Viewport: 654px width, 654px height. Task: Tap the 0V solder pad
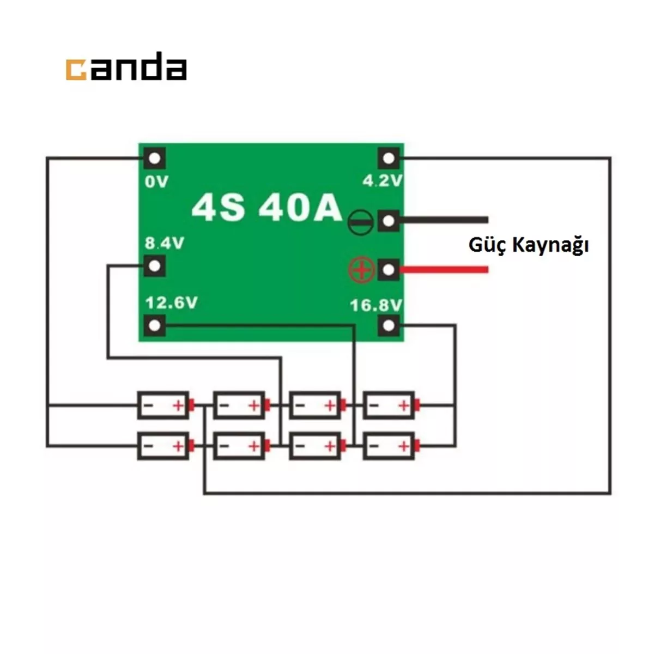click(x=155, y=159)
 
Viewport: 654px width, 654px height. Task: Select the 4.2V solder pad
click(x=388, y=159)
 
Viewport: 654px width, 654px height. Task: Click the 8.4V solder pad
click(x=155, y=267)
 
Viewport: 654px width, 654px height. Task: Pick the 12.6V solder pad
click(x=155, y=326)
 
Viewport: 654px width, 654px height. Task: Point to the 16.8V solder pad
click(x=388, y=326)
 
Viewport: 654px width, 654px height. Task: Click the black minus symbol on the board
click(x=360, y=221)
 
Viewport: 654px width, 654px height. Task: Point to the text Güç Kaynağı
click(x=528, y=245)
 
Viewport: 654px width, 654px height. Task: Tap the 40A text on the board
click(x=300, y=207)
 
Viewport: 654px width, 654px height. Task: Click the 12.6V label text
click(x=171, y=302)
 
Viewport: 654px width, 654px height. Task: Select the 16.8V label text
click(x=376, y=305)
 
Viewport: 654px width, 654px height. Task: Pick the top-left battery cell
click(x=163, y=405)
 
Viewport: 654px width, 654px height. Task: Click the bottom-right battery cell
click(x=389, y=446)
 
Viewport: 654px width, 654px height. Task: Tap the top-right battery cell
click(x=389, y=405)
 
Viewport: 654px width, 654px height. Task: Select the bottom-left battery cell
click(x=163, y=446)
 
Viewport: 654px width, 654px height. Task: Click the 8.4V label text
click(x=164, y=243)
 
